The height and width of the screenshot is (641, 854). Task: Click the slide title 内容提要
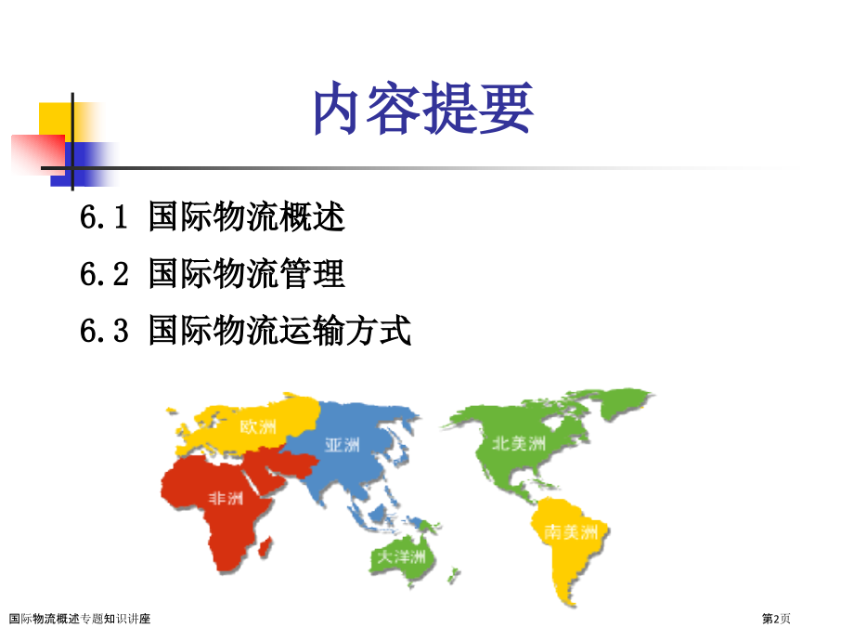pos(423,108)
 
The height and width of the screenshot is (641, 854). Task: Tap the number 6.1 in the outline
pos(104,216)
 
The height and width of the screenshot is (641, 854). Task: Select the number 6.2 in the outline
pos(104,274)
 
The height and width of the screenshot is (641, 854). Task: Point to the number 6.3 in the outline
pos(104,331)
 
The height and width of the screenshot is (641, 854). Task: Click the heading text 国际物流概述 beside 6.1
pos(247,216)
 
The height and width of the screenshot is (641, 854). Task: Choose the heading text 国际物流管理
pos(247,274)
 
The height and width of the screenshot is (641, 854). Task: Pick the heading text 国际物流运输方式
pos(280,331)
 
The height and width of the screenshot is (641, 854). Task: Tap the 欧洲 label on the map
pos(258,426)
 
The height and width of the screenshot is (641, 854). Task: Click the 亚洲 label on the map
pos(342,445)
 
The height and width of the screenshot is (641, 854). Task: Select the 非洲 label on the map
pos(226,498)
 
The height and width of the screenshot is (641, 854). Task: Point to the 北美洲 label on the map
pos(519,444)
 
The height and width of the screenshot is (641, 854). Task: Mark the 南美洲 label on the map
pos(571,532)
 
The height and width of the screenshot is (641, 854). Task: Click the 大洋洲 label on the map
pos(401,556)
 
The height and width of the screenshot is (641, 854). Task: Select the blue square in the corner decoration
pos(82,164)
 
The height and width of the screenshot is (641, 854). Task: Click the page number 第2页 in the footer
pos(776,619)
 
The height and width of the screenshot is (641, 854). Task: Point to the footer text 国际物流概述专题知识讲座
pos(80,619)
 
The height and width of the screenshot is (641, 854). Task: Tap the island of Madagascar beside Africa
pos(265,546)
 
